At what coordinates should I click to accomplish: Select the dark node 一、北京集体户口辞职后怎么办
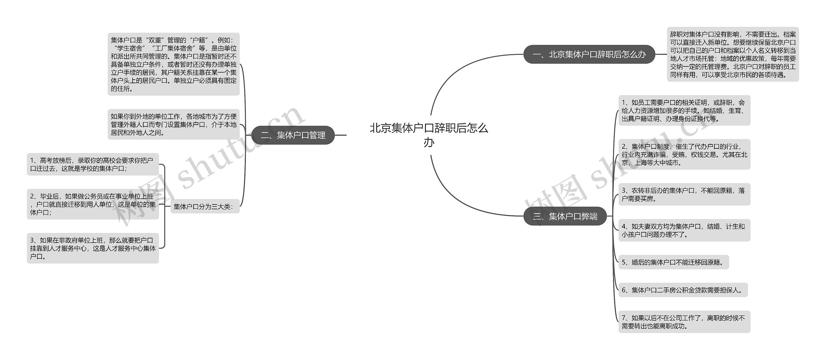pyautogui.click(x=589, y=54)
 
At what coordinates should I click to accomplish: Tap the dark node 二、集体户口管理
pyautogui.click(x=293, y=135)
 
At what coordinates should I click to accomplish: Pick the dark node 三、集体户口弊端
pyautogui.click(x=565, y=216)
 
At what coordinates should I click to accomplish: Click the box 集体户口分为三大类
pyautogui.click(x=205, y=206)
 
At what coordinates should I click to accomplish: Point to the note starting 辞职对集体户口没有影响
pyautogui.click(x=733, y=54)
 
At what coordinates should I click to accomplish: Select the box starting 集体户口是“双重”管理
pyautogui.click(x=174, y=64)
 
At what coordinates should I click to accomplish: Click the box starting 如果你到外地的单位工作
pyautogui.click(x=174, y=124)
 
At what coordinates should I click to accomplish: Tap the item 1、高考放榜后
pyautogui.click(x=93, y=164)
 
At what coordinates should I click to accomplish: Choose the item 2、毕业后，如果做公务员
pyautogui.click(x=93, y=204)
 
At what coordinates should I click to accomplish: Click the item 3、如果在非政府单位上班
pyautogui.click(x=93, y=248)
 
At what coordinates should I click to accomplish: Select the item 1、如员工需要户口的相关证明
pyautogui.click(x=684, y=110)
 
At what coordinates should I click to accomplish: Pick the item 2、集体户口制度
pyautogui.click(x=684, y=155)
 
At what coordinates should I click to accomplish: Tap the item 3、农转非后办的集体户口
pyautogui.click(x=684, y=195)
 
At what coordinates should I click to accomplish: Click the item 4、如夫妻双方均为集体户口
pyautogui.click(x=684, y=230)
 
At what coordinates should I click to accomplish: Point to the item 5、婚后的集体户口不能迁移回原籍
pyautogui.click(x=673, y=262)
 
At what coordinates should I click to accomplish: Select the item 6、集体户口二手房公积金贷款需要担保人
pyautogui.click(x=683, y=290)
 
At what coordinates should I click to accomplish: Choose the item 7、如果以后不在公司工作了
pyautogui.click(x=684, y=322)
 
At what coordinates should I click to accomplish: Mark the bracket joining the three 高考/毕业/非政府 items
pyautogui.click(x=165, y=206)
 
